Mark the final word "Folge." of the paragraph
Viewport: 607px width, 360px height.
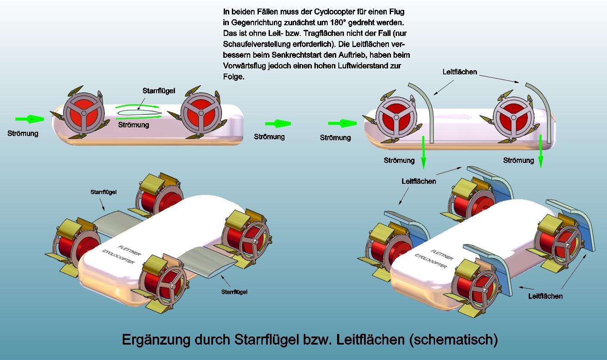tap(234, 77)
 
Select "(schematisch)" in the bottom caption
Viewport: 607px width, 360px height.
tap(453, 340)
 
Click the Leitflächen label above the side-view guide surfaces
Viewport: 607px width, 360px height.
tap(459, 72)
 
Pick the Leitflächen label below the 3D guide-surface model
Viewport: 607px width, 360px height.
tap(545, 296)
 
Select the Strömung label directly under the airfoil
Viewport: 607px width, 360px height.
tap(133, 125)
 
